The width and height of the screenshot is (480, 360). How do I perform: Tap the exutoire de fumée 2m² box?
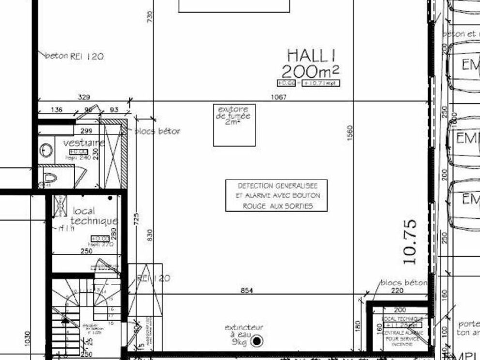coord(234,124)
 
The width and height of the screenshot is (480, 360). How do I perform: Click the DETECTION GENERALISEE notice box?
coord(276,195)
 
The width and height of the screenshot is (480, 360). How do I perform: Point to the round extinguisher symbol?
coord(257,341)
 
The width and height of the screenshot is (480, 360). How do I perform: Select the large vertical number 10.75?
coord(410,242)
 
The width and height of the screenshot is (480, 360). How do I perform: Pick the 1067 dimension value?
coord(279,97)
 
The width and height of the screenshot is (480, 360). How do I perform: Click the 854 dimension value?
coord(247,291)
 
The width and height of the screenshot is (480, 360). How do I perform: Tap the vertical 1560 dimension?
coord(350,137)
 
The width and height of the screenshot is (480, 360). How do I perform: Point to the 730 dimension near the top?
coord(150,17)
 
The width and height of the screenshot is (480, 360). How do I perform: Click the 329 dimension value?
coord(84,97)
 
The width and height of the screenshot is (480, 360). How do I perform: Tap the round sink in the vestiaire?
coord(46,150)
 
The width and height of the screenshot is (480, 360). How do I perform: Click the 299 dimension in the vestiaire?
coord(86,131)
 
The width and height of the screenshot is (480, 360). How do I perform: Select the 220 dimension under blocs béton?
coord(397,291)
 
